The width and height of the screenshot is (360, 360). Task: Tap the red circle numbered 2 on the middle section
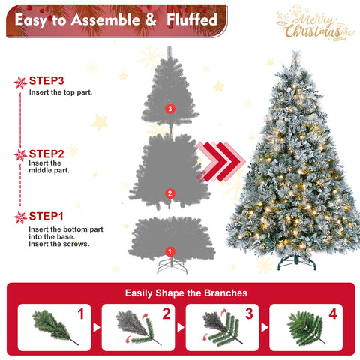pos(169,194)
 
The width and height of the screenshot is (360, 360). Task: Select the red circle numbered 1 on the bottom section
pos(169,251)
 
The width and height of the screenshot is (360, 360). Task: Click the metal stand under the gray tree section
pos(169,265)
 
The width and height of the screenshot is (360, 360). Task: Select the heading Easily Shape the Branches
pos(180,292)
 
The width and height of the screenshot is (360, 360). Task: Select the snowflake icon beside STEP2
pos(20,155)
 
